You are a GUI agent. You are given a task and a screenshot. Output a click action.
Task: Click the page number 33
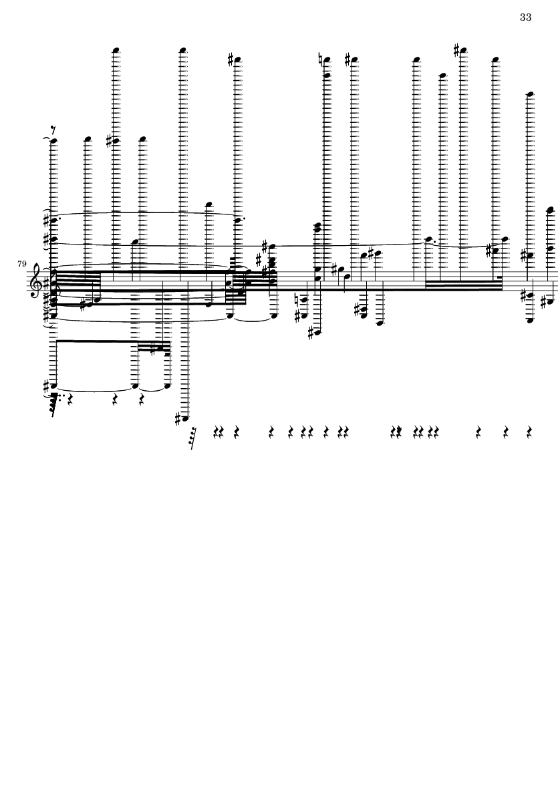click(525, 17)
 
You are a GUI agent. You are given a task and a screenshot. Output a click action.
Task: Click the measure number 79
click(21, 264)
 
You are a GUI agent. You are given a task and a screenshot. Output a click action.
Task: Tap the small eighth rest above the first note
click(54, 132)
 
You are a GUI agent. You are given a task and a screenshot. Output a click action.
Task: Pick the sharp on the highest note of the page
click(457, 50)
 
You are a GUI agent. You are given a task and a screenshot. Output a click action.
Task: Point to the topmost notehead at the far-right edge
click(551, 210)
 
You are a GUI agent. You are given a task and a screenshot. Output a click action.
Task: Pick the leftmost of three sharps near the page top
click(231, 59)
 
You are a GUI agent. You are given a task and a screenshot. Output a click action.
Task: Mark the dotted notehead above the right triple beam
click(428, 240)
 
